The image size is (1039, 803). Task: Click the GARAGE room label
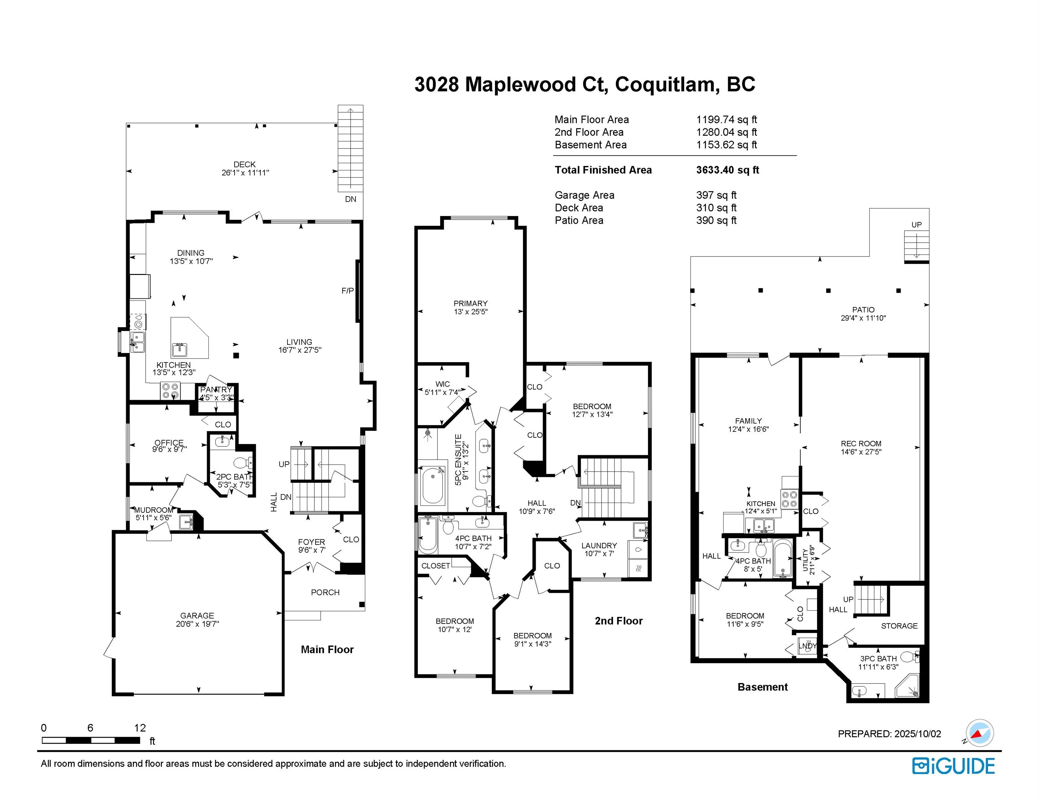197,615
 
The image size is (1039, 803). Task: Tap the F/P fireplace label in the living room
348,291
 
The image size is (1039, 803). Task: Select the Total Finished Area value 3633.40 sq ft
727,170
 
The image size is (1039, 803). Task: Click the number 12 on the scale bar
140,728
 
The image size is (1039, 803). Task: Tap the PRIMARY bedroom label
471,304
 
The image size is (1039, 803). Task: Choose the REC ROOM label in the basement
861,444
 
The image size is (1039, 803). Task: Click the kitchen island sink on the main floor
180,350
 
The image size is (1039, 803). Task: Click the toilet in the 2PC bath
243,463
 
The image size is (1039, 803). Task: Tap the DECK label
245,165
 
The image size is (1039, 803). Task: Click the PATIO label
863,310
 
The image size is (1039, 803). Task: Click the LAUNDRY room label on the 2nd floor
599,546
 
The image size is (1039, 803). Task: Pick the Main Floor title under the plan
327,650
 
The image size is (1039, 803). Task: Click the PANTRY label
216,390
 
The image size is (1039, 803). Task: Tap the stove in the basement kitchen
790,499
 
